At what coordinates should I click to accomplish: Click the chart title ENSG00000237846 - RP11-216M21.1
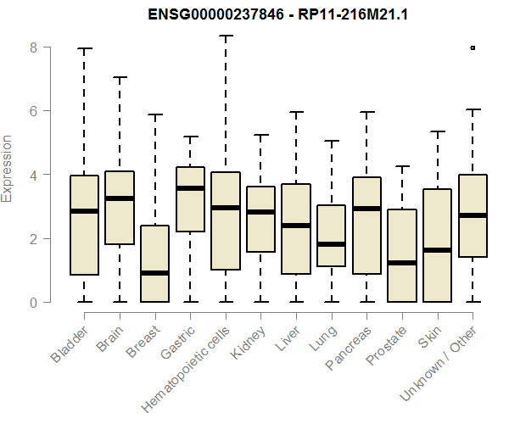[255, 14]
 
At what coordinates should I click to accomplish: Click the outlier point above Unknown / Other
[473, 47]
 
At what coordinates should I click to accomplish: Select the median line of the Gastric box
[190, 188]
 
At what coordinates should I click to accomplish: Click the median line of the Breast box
[154, 273]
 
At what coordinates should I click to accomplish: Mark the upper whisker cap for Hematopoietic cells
[226, 36]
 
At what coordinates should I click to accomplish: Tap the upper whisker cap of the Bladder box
[84, 48]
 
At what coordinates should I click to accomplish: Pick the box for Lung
[331, 236]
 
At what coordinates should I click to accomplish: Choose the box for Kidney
[260, 219]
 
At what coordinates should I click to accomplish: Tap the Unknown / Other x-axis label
[441, 360]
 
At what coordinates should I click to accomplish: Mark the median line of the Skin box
[437, 250]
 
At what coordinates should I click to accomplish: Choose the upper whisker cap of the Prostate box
[402, 166]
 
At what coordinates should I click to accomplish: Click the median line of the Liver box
[296, 226]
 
